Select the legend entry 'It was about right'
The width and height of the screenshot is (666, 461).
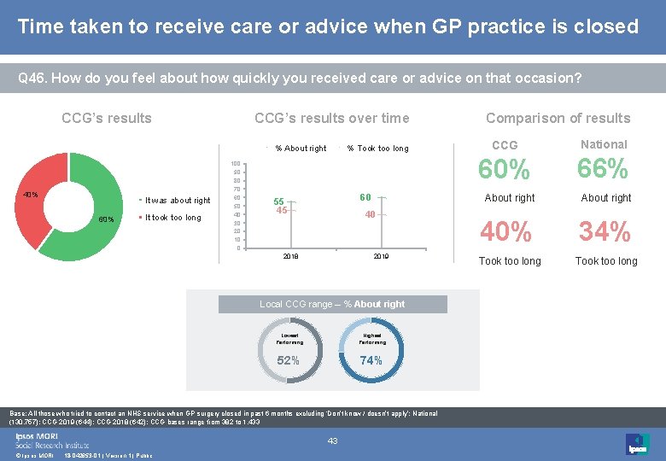(x=178, y=201)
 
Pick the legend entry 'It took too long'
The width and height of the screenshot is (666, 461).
(x=173, y=218)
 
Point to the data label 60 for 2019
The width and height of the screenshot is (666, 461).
(x=365, y=197)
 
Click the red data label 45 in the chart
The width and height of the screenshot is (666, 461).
(x=282, y=211)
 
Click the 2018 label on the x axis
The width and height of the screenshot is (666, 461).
(x=291, y=256)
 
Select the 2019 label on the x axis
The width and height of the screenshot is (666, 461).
(x=381, y=256)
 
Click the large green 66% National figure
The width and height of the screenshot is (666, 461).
(x=603, y=170)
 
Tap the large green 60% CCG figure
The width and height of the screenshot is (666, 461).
(x=505, y=171)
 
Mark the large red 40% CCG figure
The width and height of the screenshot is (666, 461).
(x=505, y=231)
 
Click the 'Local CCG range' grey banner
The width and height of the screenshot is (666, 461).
(x=332, y=304)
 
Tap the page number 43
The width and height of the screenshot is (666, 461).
(x=333, y=441)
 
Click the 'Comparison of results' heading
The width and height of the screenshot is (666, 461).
(x=558, y=118)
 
